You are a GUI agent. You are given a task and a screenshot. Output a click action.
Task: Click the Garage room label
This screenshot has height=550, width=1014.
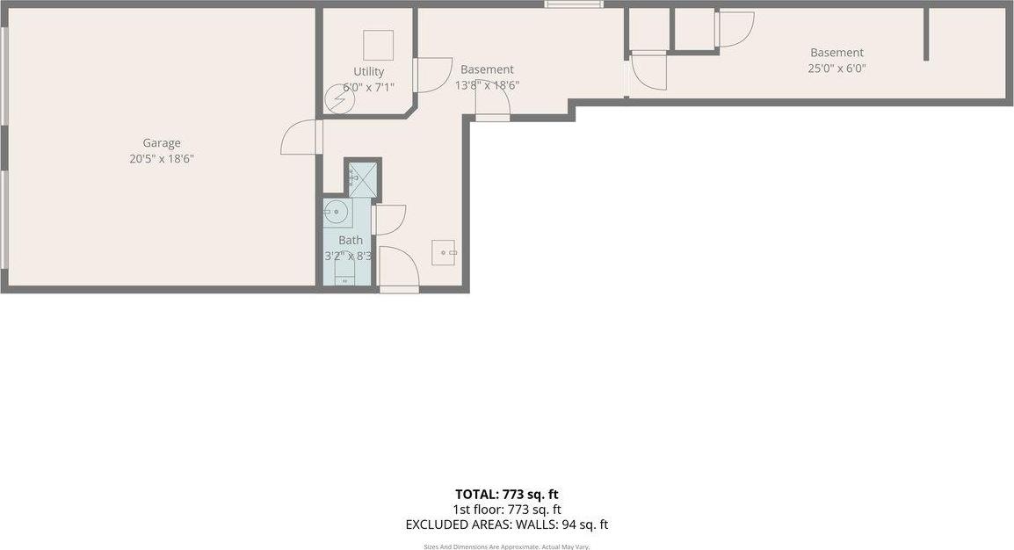point(162,143)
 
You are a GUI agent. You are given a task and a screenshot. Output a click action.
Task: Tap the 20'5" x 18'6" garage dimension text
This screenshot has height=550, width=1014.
point(162,159)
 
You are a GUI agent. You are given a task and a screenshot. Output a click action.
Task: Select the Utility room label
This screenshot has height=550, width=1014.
point(369,72)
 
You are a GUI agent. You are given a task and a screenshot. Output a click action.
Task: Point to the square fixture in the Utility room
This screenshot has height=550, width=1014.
point(378,45)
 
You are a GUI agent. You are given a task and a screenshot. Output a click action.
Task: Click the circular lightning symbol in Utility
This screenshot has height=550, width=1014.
point(339,99)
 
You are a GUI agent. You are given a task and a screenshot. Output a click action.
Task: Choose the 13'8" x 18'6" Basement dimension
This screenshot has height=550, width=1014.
point(487,85)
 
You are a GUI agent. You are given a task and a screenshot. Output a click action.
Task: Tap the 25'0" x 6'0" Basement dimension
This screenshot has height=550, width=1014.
point(837,68)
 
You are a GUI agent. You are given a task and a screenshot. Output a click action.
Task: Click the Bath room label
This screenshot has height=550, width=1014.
point(351,240)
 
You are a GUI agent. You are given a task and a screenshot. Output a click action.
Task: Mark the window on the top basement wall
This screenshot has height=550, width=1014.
point(573,4)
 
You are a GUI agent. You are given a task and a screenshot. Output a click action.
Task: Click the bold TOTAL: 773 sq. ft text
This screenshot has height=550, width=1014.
point(506,494)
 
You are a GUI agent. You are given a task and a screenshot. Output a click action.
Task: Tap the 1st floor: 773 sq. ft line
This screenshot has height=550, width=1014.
point(507,510)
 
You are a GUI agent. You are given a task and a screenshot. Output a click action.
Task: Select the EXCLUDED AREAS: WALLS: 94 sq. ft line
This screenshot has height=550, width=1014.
point(506,525)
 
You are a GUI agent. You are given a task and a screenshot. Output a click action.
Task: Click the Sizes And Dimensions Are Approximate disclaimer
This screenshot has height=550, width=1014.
point(507,546)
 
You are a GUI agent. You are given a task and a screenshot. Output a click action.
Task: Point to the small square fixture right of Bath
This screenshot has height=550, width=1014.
point(443,252)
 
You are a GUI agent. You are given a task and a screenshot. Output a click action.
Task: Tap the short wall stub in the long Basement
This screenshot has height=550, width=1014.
point(926,35)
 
